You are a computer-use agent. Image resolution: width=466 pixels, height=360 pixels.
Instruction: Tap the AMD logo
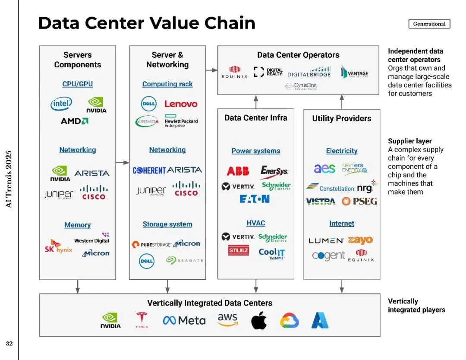coord(75,121)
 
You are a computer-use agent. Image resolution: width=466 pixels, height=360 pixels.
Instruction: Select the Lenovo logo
coord(181,104)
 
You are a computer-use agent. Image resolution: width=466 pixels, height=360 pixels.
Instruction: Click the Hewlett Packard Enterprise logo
coord(181,121)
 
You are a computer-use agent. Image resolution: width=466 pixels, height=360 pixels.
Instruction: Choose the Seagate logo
coord(184,260)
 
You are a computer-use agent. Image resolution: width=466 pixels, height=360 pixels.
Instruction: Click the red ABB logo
coord(238,171)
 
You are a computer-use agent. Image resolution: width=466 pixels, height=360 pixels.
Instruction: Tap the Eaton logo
coord(255,199)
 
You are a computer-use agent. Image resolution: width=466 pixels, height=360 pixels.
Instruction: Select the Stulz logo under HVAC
coord(238,250)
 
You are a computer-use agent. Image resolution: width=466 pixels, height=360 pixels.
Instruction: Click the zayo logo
coord(360,240)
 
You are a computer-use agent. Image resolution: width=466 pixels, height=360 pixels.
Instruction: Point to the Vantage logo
coord(354,72)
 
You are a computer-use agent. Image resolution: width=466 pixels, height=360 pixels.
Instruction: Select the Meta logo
coord(184,320)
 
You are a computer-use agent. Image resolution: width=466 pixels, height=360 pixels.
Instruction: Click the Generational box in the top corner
coord(429,24)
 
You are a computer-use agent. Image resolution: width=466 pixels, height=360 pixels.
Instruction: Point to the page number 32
coord(9,344)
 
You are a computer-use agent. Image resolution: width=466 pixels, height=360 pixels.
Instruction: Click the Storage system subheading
coord(167,224)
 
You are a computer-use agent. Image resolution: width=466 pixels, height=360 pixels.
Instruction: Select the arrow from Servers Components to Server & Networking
coord(123,163)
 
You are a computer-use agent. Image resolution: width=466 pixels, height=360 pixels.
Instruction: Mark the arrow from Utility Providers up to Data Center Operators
coord(342,102)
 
